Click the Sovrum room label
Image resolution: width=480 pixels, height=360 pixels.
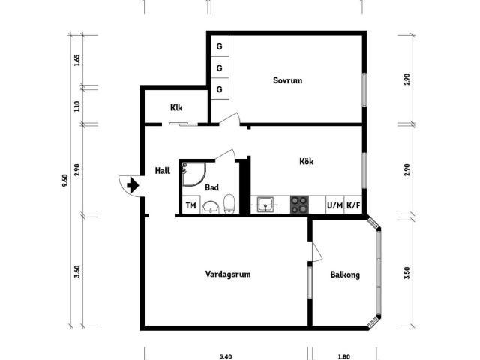pos(287,80)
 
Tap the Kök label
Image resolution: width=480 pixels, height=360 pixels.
pos(306,161)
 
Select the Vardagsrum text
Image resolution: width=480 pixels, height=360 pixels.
pos(228,274)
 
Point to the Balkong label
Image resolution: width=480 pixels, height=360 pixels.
pos(345,274)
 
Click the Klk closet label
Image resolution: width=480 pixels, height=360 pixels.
pos(176,108)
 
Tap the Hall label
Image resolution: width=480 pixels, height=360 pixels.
pos(162,171)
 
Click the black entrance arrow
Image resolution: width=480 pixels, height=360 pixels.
pos(133,185)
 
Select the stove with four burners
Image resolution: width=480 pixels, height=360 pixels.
pos(299,205)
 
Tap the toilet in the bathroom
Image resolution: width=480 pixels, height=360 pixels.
pos(229,203)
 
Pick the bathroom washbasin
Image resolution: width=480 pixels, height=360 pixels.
pos(211,207)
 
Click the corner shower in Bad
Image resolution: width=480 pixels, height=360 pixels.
pos(194,174)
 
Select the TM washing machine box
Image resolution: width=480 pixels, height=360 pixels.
pos(190,205)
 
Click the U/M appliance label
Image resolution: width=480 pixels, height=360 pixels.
pos(335,205)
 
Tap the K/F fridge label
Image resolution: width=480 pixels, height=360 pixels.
pos(353,205)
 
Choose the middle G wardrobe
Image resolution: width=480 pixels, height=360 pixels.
pos(220,67)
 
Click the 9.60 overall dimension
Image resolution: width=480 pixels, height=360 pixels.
pos(65,181)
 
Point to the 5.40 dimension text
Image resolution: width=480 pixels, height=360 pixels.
pos(226,356)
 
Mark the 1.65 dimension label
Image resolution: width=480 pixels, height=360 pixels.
pos(77,60)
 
